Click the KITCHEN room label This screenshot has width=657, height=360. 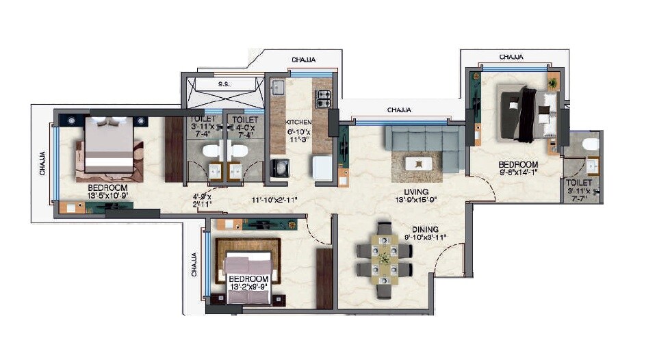tap(298, 122)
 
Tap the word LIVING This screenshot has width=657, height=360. tap(416, 192)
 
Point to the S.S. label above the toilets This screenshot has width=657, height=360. tap(224, 84)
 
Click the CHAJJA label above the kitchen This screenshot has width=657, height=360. tap(303, 60)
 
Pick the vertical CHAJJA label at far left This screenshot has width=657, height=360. tap(42, 164)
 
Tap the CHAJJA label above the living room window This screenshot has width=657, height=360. tap(399, 110)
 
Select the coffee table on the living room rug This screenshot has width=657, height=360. tap(417, 164)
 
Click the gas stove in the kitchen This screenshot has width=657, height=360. tap(322, 98)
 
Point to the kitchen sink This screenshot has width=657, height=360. tap(279, 87)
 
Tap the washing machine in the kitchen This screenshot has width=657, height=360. tap(280, 167)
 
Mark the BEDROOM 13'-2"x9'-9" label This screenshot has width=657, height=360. tap(248, 279)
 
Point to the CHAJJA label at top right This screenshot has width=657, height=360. tap(513, 56)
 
